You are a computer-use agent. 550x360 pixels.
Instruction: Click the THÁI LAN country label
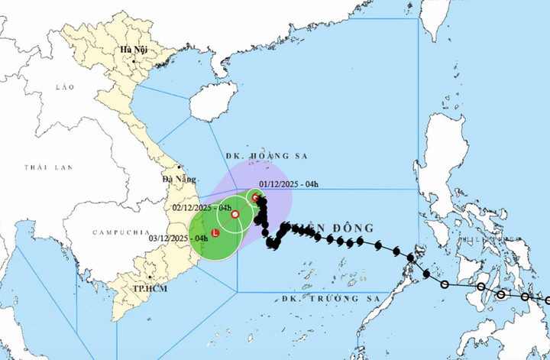42,166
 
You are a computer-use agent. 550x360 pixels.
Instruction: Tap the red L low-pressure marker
215,232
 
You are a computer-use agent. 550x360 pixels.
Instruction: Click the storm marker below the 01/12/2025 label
257,198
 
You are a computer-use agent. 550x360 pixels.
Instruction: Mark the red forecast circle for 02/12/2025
235,214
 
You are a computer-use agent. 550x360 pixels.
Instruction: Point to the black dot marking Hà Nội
134,60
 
